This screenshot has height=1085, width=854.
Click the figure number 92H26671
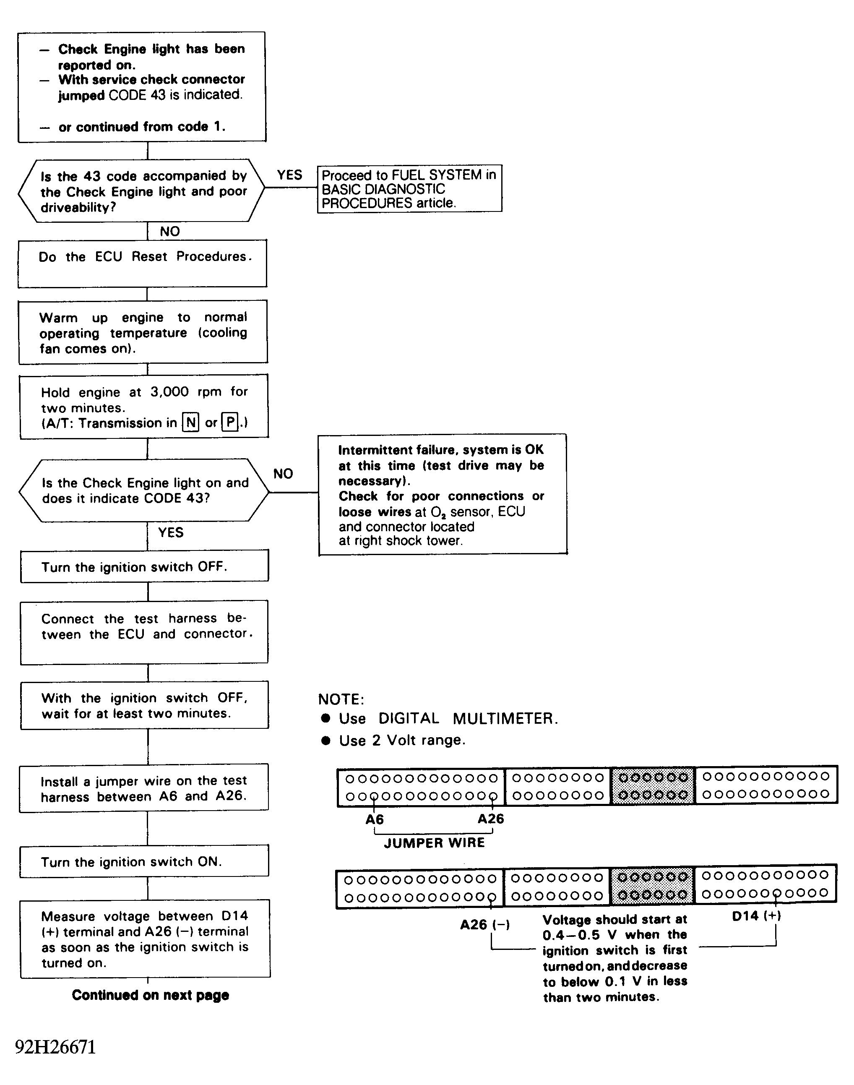(55, 1047)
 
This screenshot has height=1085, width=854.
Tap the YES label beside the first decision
(289, 175)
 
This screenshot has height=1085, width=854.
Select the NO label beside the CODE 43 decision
(283, 474)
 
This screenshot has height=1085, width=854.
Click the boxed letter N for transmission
(191, 423)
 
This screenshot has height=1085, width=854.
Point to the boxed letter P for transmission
(230, 423)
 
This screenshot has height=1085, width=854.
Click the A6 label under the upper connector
(375, 819)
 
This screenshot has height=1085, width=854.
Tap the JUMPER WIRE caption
(434, 843)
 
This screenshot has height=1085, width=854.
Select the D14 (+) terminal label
(756, 916)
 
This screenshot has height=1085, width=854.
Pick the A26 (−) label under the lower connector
(484, 924)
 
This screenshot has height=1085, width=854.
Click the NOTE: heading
(341, 699)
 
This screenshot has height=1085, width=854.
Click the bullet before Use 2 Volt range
(326, 741)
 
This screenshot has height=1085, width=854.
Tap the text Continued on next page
(150, 995)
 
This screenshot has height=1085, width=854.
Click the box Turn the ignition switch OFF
(144, 566)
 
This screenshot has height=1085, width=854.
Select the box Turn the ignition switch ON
(144, 861)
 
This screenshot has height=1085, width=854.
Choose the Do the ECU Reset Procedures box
(143, 263)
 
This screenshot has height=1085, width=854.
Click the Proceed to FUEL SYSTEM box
(409, 188)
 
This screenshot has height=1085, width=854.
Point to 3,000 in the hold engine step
(169, 391)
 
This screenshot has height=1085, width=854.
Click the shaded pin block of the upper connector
(653, 786)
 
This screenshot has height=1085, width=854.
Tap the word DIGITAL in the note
(409, 718)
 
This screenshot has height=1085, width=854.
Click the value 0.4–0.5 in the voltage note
(571, 935)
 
